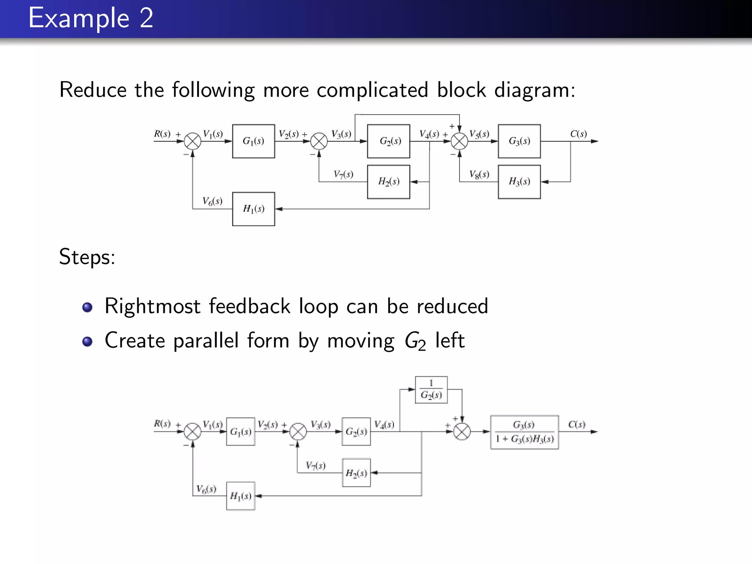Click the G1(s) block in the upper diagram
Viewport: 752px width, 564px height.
click(x=253, y=141)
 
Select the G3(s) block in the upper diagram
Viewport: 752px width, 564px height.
click(x=519, y=141)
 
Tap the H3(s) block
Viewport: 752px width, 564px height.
click(x=519, y=182)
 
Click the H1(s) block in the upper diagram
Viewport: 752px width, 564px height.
click(x=253, y=209)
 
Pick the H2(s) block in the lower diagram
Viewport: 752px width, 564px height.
click(x=356, y=473)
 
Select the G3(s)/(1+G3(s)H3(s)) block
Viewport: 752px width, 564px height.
click(x=524, y=432)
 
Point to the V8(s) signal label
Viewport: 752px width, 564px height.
click(x=479, y=174)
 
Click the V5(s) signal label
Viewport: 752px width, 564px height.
click(x=479, y=134)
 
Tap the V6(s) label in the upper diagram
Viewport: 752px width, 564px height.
click(x=212, y=201)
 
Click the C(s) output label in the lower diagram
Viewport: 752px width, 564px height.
click(x=576, y=424)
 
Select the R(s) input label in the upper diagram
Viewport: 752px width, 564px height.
click(x=162, y=134)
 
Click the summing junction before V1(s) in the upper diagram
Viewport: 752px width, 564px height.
click(x=192, y=141)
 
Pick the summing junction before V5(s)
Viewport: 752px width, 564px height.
click(x=459, y=141)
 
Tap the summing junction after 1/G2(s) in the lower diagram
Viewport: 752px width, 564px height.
click(x=462, y=432)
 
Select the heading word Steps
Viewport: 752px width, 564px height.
click(x=87, y=257)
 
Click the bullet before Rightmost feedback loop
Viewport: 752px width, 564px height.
click(x=87, y=307)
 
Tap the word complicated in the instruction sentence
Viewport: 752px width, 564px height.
click(x=372, y=90)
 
